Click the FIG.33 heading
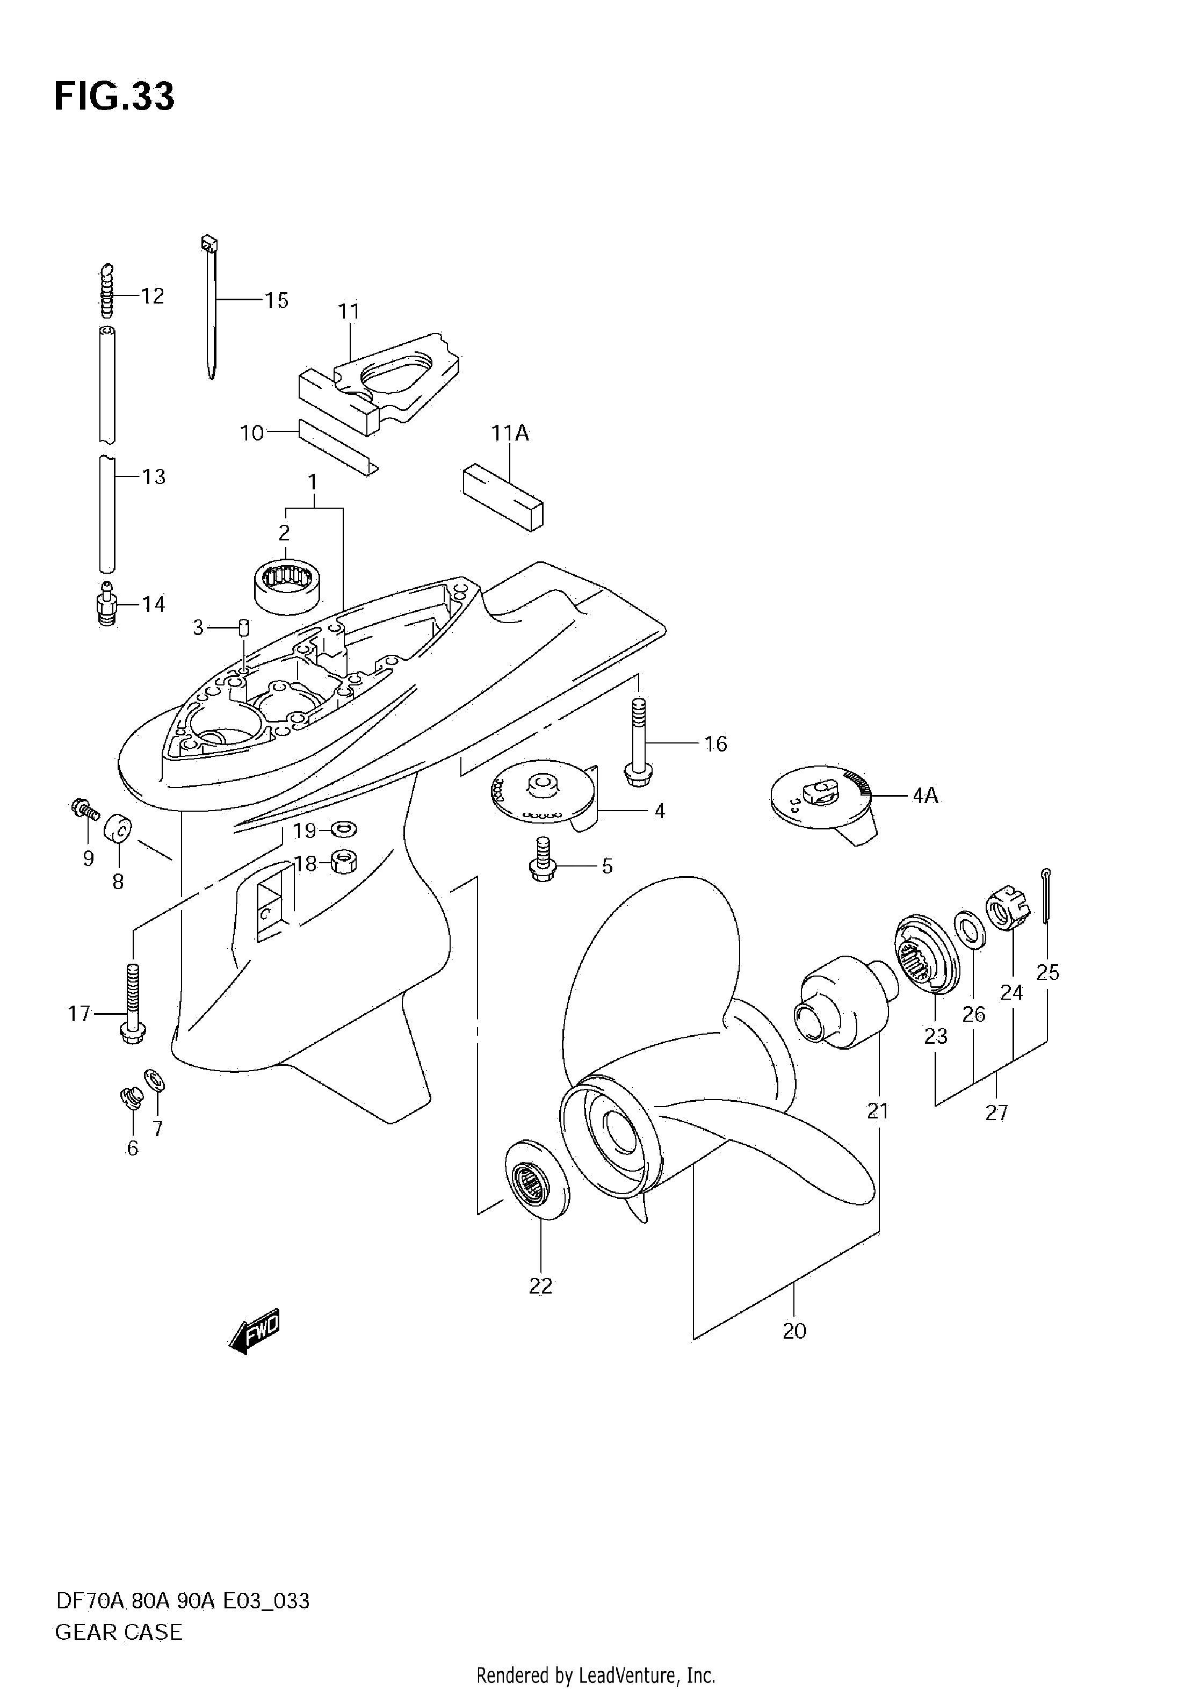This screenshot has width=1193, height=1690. point(115,96)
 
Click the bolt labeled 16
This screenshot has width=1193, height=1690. point(638,743)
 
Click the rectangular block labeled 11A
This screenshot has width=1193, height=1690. point(503,497)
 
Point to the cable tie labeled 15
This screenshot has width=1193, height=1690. point(209,307)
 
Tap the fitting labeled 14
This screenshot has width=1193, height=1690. point(107,604)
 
